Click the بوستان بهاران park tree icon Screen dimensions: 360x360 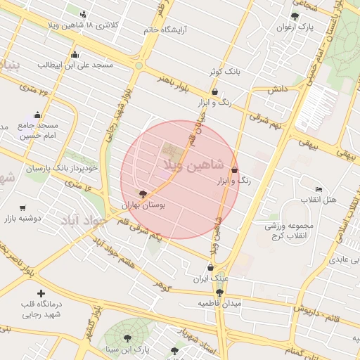tap(143, 193)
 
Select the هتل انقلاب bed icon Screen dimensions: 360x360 tap(319, 189)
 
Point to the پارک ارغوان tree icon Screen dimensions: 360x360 tap(295, 16)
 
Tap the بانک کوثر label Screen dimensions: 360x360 tap(224, 72)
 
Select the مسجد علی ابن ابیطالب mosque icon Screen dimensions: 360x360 tap(75, 55)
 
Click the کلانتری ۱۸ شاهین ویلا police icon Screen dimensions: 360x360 tap(84, 14)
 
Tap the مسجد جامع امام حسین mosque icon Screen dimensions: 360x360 tap(37, 115)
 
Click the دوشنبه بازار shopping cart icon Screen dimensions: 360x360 tap(23, 207)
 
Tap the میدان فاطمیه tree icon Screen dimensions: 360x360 tap(219, 292)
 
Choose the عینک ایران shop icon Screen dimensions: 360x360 tap(210, 267)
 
